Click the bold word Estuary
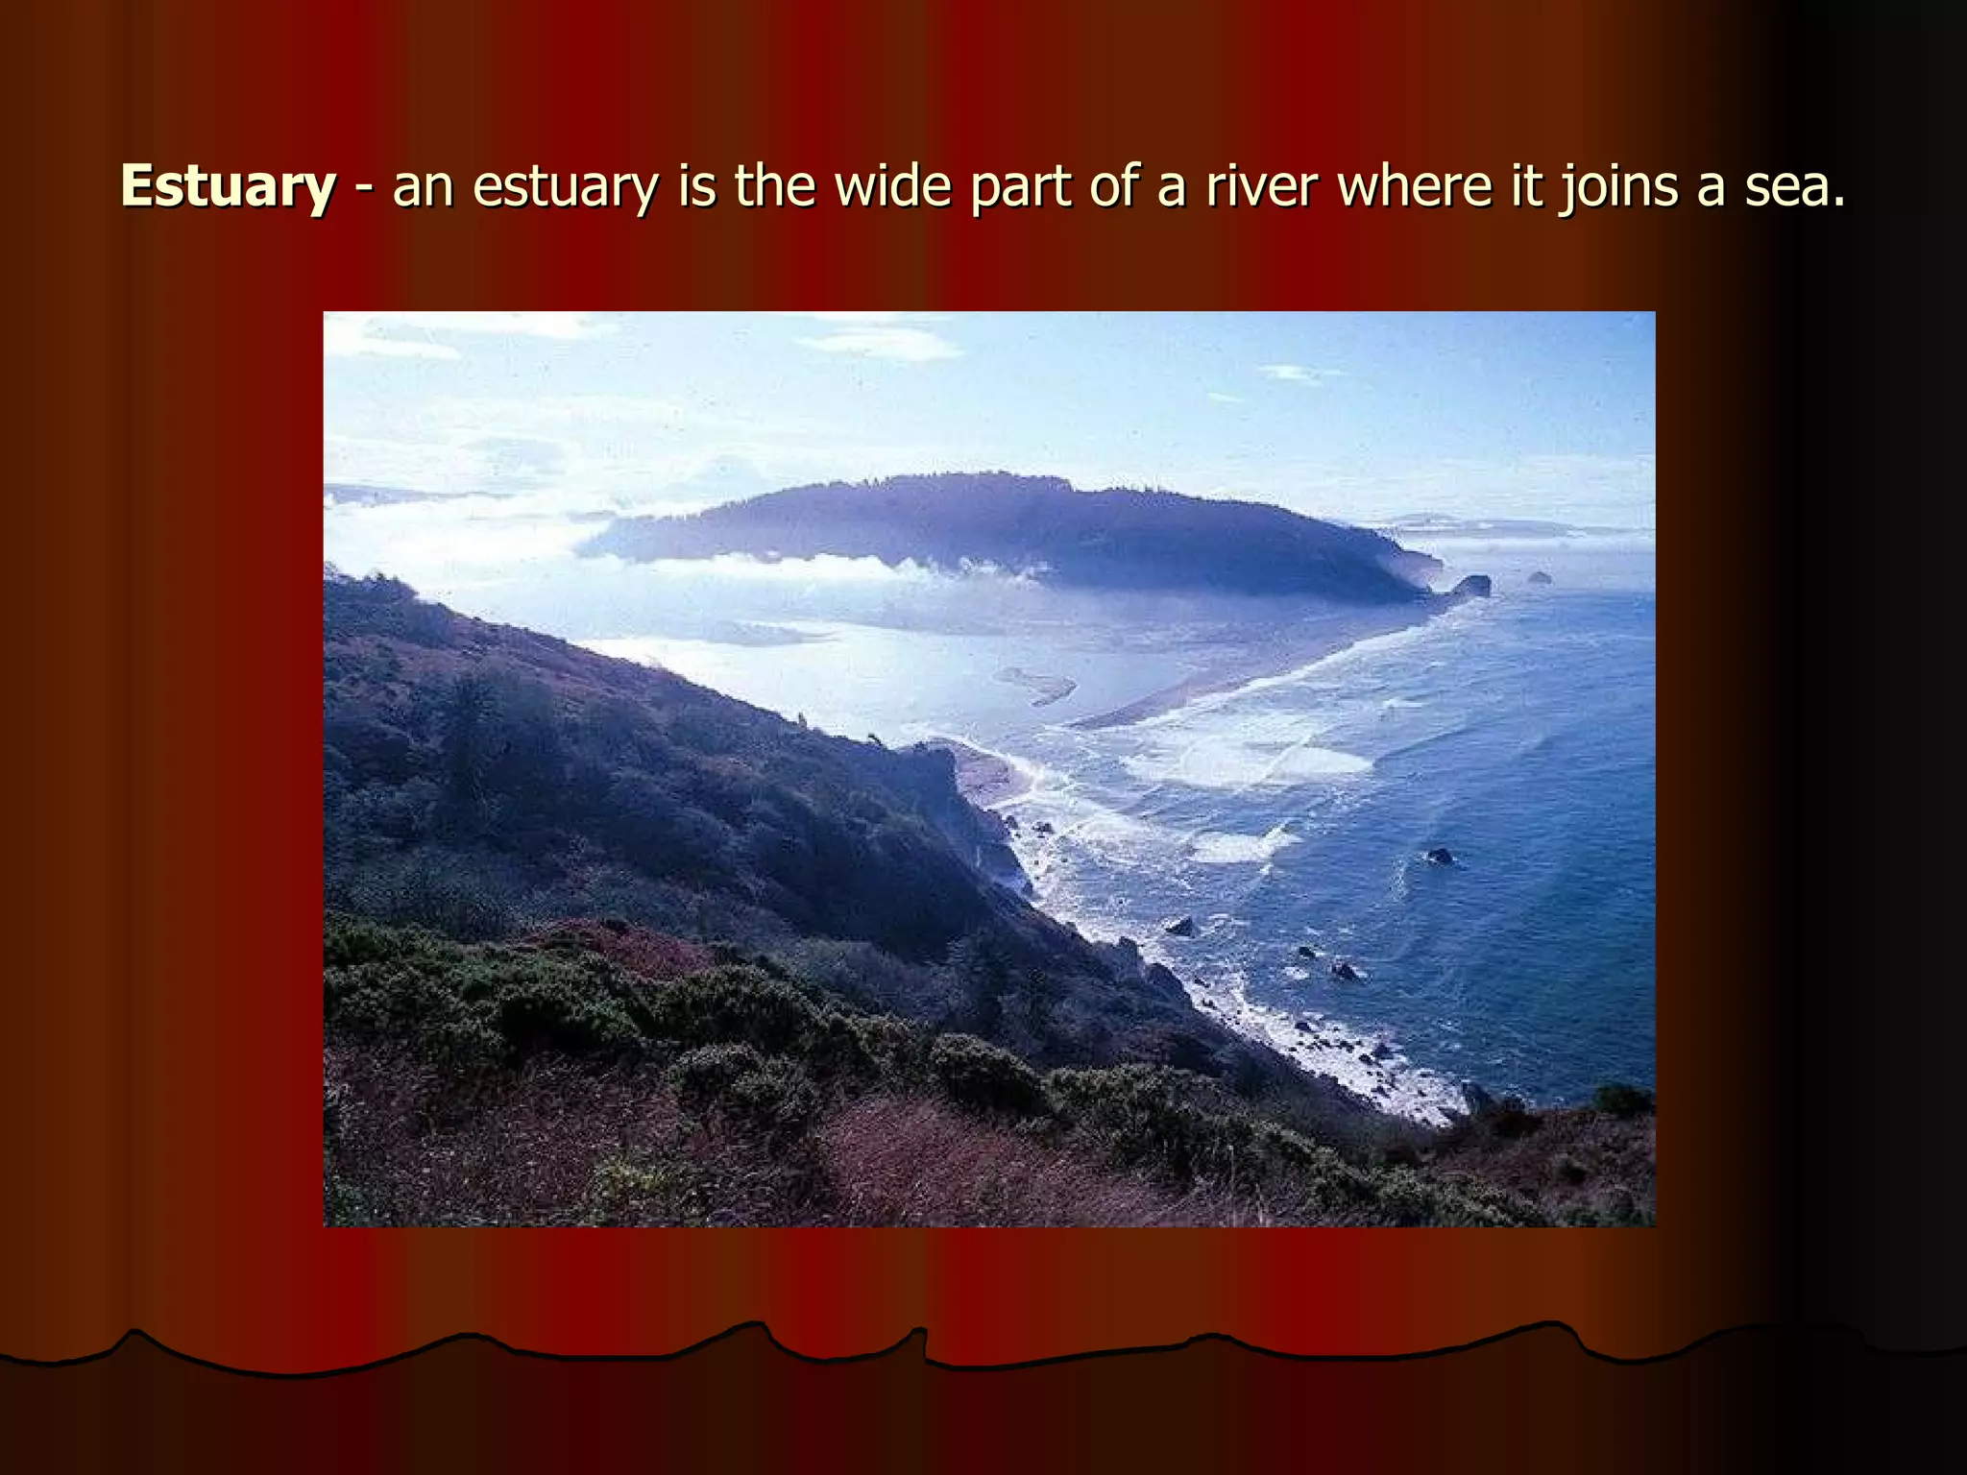[228, 185]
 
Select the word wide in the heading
[892, 185]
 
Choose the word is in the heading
[697, 185]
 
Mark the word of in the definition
[1112, 185]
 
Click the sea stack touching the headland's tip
[1472, 585]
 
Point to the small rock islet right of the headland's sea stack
[1540, 577]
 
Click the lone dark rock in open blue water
[1439, 856]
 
